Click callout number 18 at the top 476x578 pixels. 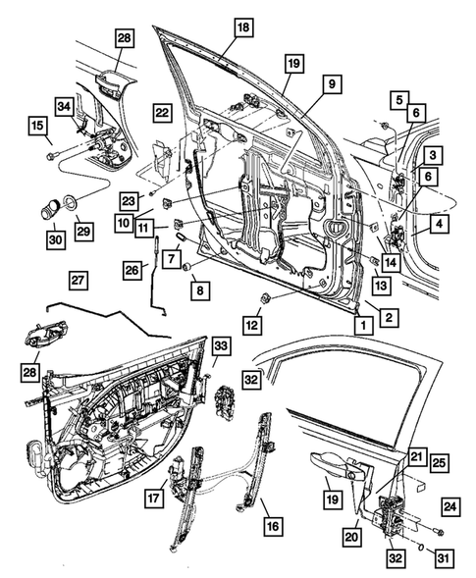click(242, 28)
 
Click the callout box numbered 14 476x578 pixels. click(390, 262)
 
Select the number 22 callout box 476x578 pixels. click(162, 114)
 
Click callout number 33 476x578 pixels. click(221, 345)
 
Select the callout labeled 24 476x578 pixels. click(448, 507)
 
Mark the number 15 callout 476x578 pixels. click(35, 126)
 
